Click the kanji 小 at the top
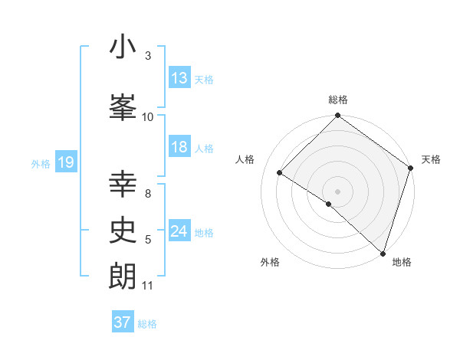(123, 47)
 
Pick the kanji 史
(123, 230)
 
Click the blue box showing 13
(179, 78)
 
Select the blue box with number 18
(179, 148)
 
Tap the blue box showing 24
(179, 232)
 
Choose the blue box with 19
(66, 162)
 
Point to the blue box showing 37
(123, 322)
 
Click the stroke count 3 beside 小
(147, 56)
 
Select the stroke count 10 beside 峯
(148, 116)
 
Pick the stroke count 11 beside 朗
(148, 286)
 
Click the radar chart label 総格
(338, 100)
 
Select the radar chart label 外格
(270, 262)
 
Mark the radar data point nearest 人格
(280, 173)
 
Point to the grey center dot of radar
(337, 191)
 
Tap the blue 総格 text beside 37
(147, 324)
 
